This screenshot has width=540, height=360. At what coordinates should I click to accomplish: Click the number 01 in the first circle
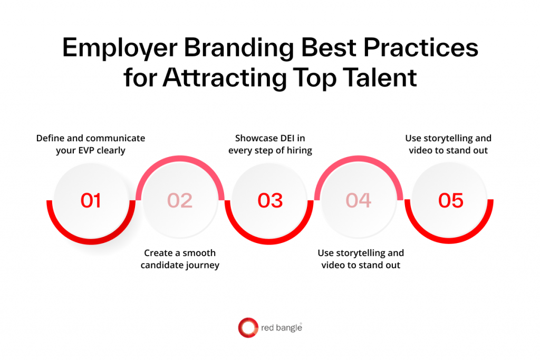pyautogui.click(x=90, y=201)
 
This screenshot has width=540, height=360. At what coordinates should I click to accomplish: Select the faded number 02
pyautogui.click(x=180, y=201)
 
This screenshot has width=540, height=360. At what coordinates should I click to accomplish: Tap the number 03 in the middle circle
pyautogui.click(x=270, y=201)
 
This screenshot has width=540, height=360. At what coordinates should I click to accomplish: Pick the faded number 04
pyautogui.click(x=359, y=201)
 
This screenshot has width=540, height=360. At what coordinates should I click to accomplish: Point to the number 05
pyautogui.click(x=451, y=201)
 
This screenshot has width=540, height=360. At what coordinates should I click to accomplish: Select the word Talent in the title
pyautogui.click(x=378, y=77)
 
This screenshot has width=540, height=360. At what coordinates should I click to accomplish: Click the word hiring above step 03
pyautogui.click(x=298, y=150)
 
